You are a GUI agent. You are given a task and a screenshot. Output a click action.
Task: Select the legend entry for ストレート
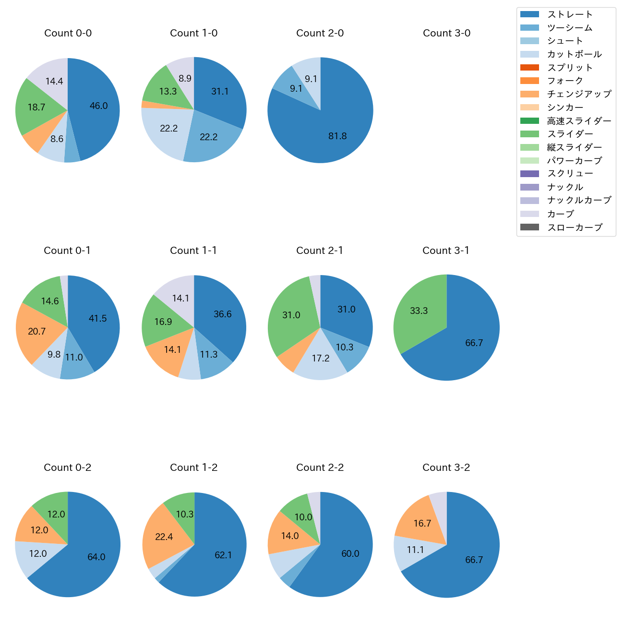point(570,14)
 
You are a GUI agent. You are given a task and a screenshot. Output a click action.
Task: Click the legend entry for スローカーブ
point(575,228)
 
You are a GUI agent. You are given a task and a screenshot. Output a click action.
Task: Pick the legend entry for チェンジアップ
point(579,94)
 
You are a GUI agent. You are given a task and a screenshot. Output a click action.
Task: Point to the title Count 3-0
point(446,33)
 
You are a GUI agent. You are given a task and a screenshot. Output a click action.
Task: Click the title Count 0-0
point(68,33)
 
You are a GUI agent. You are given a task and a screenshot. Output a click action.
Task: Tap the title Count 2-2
point(320,468)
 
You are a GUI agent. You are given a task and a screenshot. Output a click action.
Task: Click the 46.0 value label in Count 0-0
point(98,106)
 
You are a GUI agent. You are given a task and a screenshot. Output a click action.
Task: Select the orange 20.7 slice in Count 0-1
point(36,331)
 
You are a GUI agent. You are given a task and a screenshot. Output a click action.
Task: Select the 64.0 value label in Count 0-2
point(96,557)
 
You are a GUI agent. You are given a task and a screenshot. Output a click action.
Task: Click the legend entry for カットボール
point(574,54)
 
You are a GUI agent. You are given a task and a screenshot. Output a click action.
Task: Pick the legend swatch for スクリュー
point(529,174)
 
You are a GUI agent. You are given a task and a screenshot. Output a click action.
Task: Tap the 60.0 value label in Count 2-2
point(350,553)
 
